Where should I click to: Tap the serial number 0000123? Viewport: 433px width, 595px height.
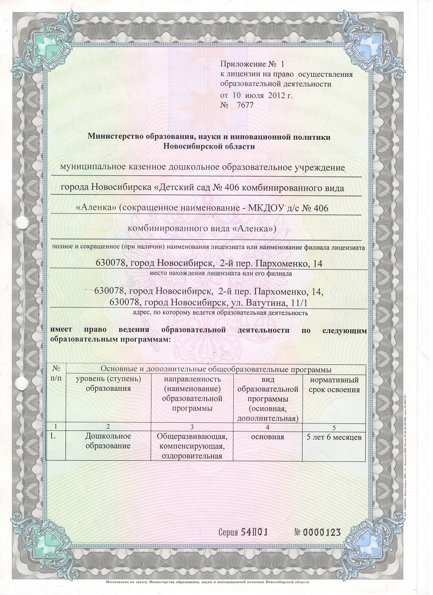click(318, 533)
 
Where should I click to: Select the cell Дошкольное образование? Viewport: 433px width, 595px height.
click(108, 441)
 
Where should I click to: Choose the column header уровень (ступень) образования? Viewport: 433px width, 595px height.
click(108, 385)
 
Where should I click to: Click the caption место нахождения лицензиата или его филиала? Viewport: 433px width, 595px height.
click(209, 275)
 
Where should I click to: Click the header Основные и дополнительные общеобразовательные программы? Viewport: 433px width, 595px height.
click(216, 369)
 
